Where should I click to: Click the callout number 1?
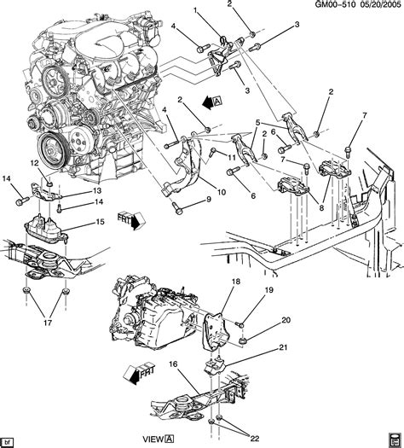click(194, 9)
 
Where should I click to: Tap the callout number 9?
click(208, 200)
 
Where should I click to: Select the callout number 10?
click(221, 193)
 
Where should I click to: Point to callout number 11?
click(231, 156)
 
